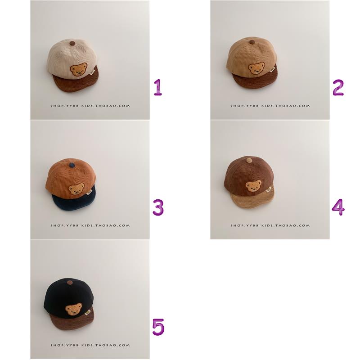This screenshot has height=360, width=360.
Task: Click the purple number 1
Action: (x=158, y=87)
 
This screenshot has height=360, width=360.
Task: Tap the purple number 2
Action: (x=338, y=87)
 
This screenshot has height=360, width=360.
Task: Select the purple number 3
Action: (x=158, y=207)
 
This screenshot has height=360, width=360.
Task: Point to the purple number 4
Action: (x=338, y=207)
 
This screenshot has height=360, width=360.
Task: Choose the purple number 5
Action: (x=158, y=327)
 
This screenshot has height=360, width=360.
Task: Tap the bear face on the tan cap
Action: (x=256, y=68)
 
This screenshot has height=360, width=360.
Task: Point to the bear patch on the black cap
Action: (x=73, y=309)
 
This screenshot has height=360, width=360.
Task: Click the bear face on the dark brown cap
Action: (x=254, y=186)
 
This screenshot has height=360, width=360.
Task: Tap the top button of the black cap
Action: (x=71, y=283)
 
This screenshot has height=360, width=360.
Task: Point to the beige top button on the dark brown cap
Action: (x=249, y=160)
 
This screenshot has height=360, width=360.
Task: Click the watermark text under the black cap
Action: (x=90, y=345)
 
